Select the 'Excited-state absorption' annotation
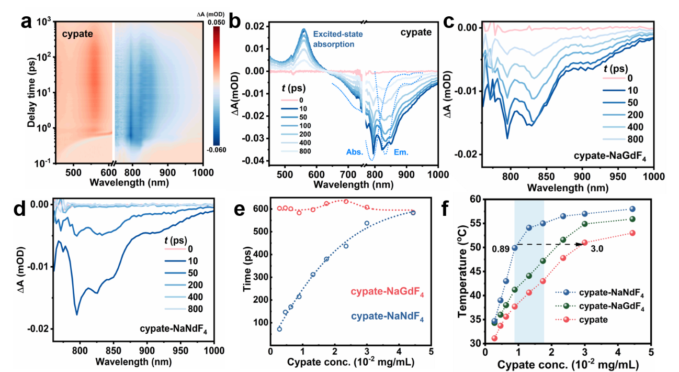tap(334, 39)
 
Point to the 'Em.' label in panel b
tap(401, 152)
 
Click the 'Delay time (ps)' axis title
tap(33, 94)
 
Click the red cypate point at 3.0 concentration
tap(585, 242)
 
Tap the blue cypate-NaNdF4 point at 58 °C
tap(632, 209)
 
